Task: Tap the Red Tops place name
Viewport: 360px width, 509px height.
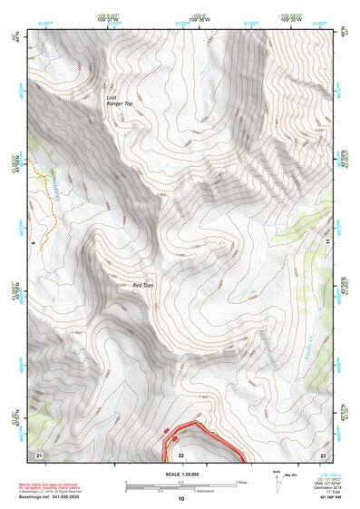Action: (143, 286)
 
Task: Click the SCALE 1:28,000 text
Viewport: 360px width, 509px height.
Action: (180, 474)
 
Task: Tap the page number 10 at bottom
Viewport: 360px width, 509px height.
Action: (180, 498)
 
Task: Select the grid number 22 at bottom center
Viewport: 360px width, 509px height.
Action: (180, 454)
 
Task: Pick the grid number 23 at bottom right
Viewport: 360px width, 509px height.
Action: (322, 453)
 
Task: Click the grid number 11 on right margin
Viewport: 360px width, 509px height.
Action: (326, 241)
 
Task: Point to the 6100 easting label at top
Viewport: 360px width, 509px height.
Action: (45, 20)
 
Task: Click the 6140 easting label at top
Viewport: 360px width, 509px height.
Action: (317, 20)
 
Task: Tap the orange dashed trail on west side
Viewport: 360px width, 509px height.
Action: (47, 201)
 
